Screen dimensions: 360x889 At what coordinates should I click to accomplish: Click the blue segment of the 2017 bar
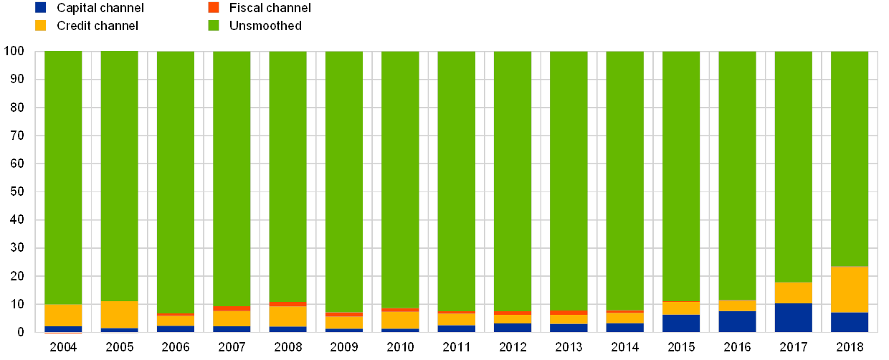tap(793, 318)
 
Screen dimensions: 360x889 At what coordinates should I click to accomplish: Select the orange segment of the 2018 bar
tap(850, 290)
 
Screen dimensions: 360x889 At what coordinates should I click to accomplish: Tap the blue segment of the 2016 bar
tap(737, 321)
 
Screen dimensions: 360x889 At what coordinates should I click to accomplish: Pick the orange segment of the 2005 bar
tap(119, 315)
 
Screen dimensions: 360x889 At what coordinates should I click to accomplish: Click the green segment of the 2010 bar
tap(400, 179)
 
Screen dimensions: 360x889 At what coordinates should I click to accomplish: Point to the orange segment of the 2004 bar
tap(63, 316)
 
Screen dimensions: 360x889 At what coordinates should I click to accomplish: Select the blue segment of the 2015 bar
tap(681, 323)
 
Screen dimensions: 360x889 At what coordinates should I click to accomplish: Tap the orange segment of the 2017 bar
tap(793, 293)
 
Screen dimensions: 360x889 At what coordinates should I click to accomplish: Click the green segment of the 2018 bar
tap(850, 158)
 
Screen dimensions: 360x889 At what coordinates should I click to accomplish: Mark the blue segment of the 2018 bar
tap(850, 322)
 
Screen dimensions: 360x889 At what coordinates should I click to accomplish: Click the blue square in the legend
tap(41, 8)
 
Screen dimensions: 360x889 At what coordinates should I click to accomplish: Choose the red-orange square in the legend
tap(214, 8)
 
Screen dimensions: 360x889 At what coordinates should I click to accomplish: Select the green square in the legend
tap(214, 26)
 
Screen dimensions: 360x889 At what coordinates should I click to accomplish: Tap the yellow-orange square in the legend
tap(41, 26)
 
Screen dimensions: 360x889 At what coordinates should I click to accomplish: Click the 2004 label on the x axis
tap(63, 347)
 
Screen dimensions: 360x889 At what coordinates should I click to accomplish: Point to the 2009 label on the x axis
tap(344, 347)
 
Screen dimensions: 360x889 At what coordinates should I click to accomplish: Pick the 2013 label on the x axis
tap(569, 347)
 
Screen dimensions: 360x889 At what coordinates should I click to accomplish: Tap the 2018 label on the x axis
tap(850, 347)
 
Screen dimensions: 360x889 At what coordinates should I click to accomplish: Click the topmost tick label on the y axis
tap(14, 51)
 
